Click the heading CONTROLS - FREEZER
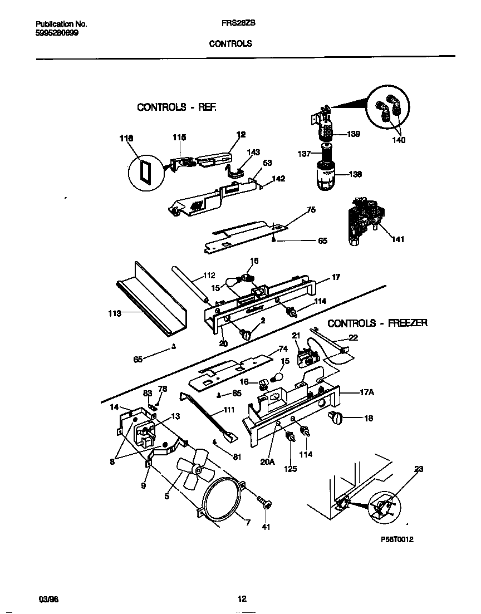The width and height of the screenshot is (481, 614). click(x=377, y=323)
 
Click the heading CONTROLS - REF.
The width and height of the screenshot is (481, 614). click(x=176, y=107)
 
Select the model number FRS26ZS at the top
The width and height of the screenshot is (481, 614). click(x=230, y=24)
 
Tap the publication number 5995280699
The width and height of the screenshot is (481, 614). click(x=57, y=33)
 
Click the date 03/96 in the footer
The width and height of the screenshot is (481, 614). click(x=48, y=599)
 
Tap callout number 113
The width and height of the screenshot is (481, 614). click(x=114, y=314)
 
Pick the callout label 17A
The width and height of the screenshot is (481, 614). click(x=367, y=392)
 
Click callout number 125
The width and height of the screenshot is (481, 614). click(x=290, y=469)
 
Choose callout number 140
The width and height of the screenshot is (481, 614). click(x=399, y=140)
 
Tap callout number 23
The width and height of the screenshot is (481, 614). click(x=419, y=469)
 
